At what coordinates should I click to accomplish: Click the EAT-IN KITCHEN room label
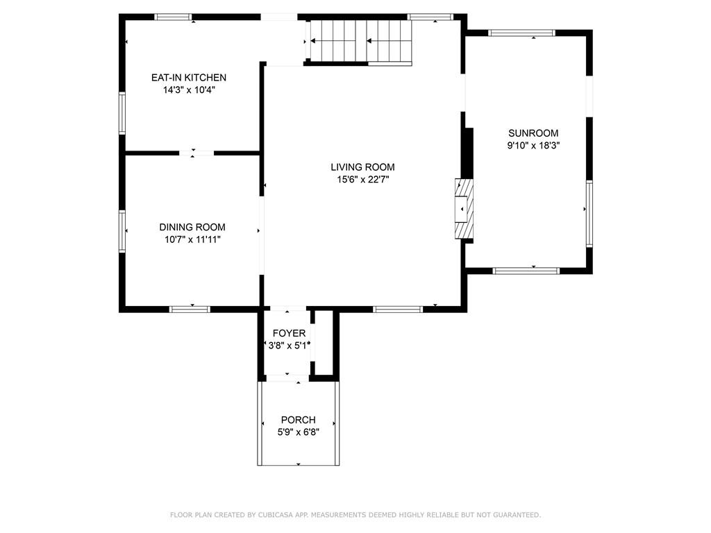(189, 78)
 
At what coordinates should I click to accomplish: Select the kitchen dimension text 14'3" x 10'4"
(189, 90)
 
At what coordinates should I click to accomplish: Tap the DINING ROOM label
(192, 227)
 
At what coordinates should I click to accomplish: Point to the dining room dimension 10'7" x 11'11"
(192, 239)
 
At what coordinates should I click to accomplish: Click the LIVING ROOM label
(362, 167)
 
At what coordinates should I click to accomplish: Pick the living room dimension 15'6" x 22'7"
(362, 179)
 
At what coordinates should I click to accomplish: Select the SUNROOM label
(533, 133)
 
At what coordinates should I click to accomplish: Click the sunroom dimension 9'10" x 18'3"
(533, 146)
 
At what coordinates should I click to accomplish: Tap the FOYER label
(289, 333)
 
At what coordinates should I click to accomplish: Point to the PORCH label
(298, 420)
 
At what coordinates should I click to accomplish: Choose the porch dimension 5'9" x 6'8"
(298, 432)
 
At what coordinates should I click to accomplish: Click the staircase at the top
(360, 41)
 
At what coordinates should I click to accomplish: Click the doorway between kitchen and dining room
(193, 152)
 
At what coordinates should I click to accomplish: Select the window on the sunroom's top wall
(522, 33)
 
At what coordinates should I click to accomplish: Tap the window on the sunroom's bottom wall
(526, 271)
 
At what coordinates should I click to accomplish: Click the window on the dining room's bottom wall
(190, 309)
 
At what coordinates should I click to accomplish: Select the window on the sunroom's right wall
(589, 213)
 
